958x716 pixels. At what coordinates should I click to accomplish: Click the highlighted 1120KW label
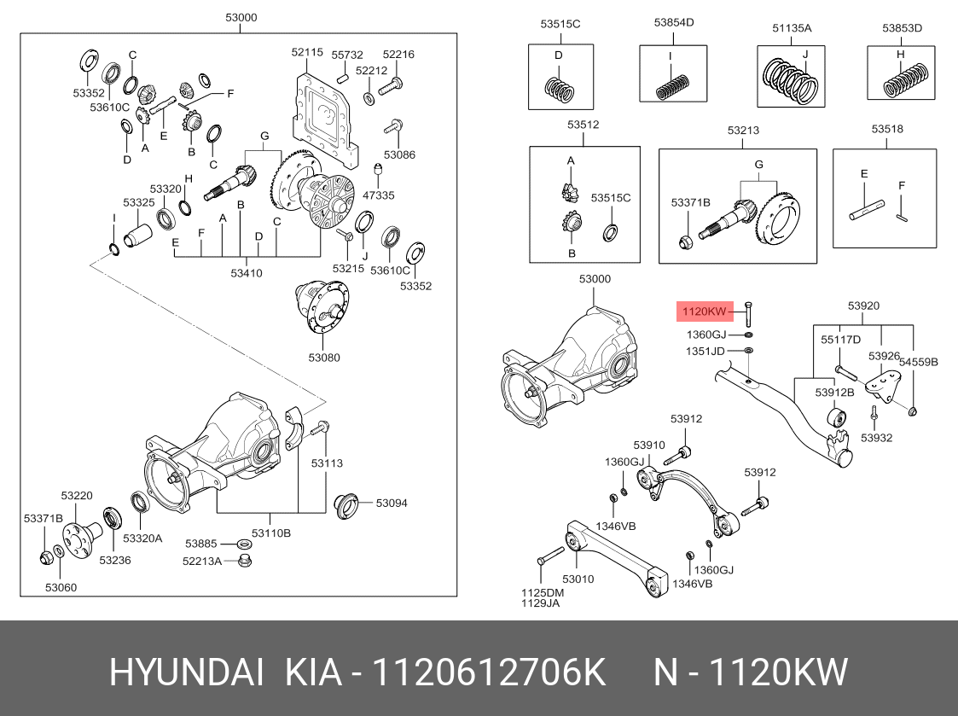[704, 311]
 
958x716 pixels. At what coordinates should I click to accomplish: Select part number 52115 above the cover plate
[307, 52]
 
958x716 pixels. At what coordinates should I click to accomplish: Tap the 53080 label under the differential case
[323, 358]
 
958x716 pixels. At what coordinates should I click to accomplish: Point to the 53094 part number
[392, 503]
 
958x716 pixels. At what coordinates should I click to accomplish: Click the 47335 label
[378, 195]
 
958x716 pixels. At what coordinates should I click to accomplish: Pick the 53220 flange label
[76, 496]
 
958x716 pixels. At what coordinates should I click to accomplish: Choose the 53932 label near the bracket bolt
[876, 438]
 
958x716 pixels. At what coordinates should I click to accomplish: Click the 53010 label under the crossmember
[578, 579]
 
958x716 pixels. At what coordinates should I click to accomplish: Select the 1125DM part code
[543, 592]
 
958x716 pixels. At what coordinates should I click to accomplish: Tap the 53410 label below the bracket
[246, 273]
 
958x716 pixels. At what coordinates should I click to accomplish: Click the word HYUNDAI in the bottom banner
[187, 673]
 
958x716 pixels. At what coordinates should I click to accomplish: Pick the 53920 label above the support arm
[863, 306]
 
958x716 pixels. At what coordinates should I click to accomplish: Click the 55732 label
[347, 54]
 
